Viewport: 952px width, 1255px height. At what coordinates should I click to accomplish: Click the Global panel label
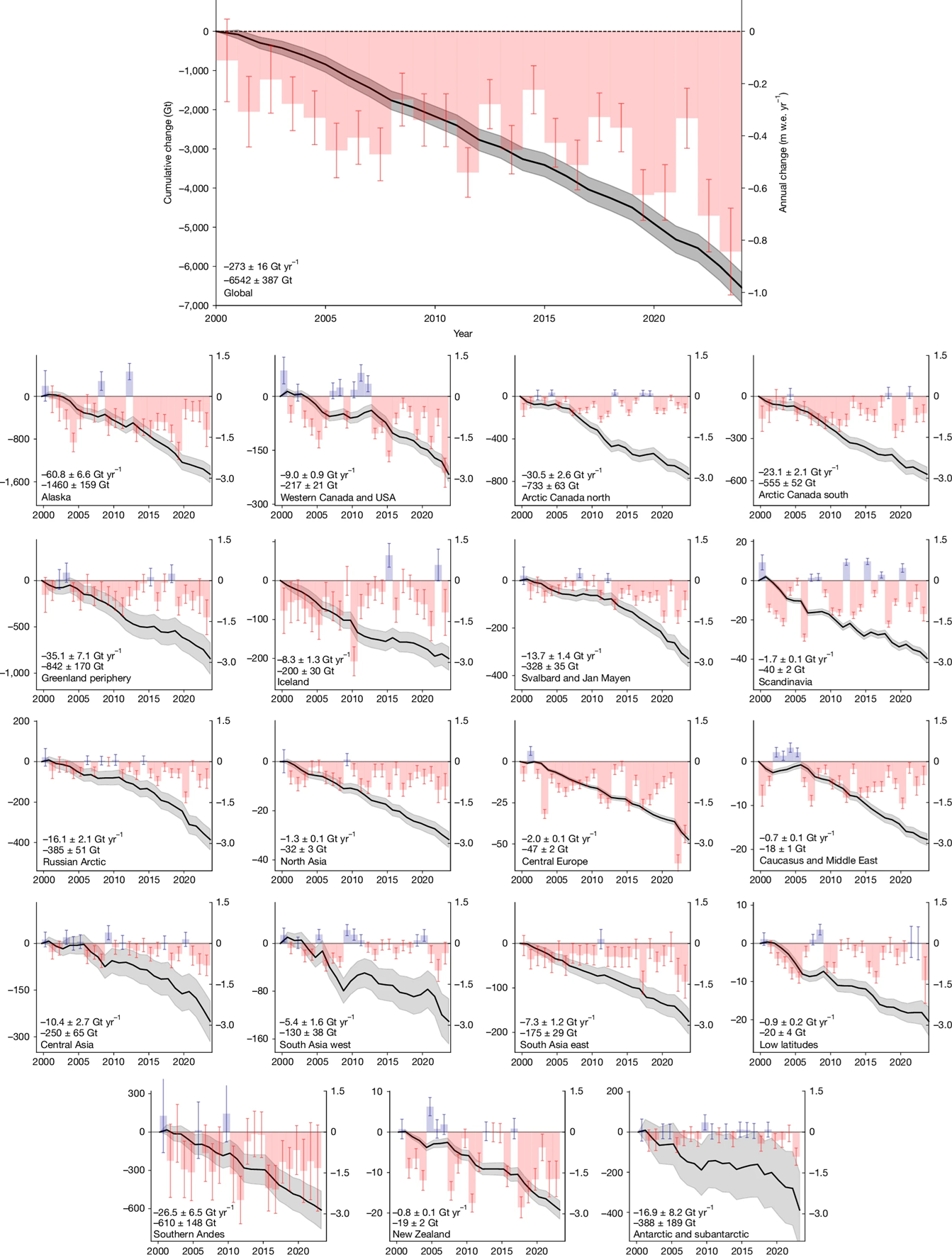click(238, 293)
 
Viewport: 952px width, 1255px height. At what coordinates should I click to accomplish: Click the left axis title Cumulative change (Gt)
click(168, 152)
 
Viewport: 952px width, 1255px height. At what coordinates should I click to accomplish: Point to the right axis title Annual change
click(783, 152)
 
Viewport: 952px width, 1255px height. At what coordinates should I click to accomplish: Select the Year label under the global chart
click(463, 333)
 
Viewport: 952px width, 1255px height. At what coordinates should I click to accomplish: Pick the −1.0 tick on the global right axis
click(758, 293)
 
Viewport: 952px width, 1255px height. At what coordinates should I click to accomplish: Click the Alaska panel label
click(56, 497)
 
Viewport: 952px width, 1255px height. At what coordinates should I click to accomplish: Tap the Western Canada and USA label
click(337, 497)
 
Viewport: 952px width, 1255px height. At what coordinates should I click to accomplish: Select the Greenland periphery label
click(86, 678)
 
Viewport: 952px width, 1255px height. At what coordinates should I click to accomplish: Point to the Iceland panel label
click(293, 681)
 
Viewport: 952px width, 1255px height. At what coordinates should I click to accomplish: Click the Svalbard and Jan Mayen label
click(576, 678)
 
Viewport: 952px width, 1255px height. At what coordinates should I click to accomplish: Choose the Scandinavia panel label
click(785, 681)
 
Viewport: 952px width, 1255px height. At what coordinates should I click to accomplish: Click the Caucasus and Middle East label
click(818, 860)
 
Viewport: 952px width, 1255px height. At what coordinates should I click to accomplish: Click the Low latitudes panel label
click(789, 1044)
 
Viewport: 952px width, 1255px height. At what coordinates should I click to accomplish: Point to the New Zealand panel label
click(421, 1234)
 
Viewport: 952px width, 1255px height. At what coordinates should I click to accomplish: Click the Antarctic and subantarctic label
click(690, 1234)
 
